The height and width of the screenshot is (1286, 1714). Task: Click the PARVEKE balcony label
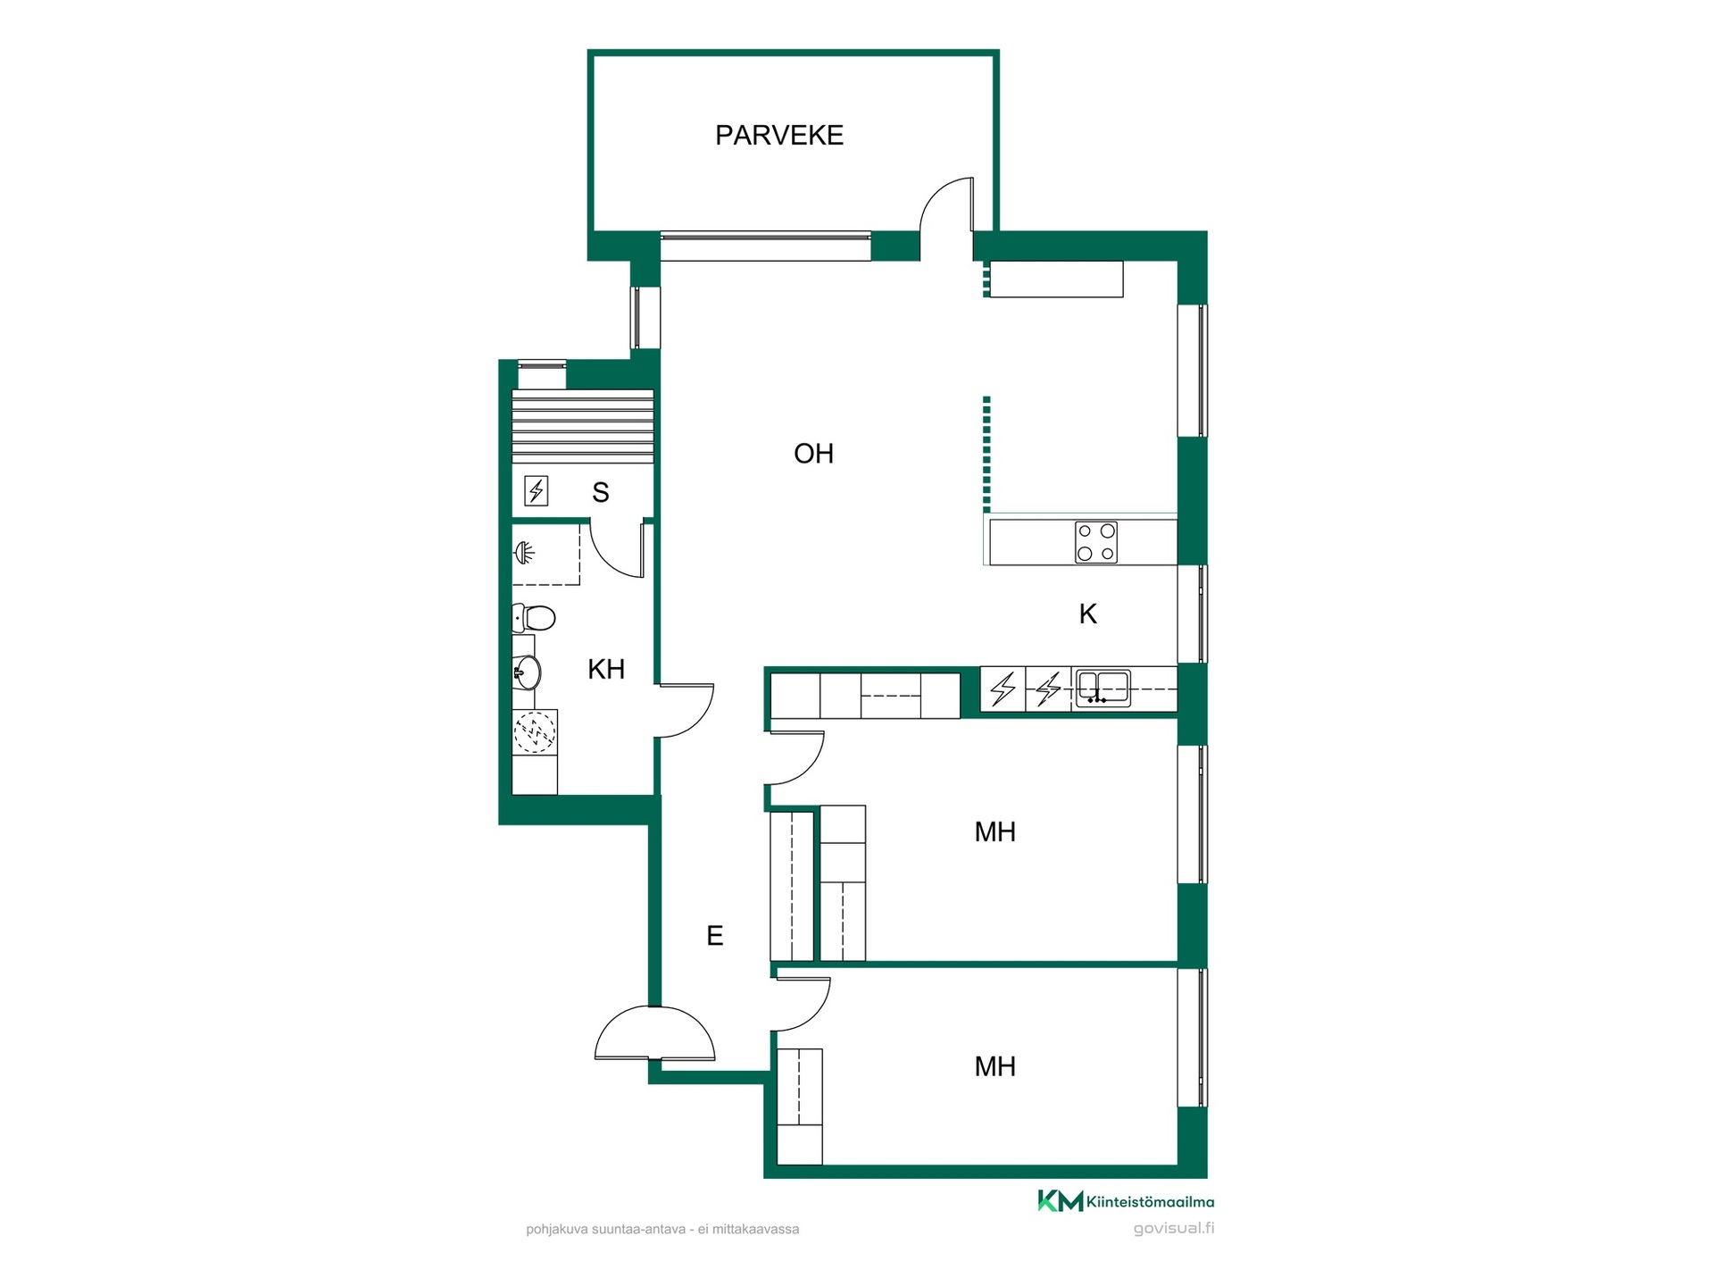tap(778, 135)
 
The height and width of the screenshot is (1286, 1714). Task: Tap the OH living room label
tap(813, 454)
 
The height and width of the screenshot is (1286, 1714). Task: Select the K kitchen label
tap(1087, 614)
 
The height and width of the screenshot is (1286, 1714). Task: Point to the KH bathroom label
tap(606, 669)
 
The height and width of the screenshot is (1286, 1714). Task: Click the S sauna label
tap(601, 492)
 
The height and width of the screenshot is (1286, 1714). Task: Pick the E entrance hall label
tap(714, 935)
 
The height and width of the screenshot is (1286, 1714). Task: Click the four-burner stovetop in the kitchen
tap(1096, 542)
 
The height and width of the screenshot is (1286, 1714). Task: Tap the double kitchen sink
tap(1103, 689)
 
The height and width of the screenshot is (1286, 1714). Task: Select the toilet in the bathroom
tap(534, 617)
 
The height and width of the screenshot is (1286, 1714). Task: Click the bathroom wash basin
tap(527, 672)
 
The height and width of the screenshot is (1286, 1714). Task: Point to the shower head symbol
tap(525, 554)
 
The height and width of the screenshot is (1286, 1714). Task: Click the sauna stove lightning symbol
tap(536, 490)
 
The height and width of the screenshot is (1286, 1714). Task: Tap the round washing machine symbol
tap(535, 732)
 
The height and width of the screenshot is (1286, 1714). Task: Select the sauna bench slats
tap(583, 426)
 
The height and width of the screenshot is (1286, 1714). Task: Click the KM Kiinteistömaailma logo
tap(1126, 1201)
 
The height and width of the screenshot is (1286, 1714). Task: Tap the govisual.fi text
tap(1174, 1228)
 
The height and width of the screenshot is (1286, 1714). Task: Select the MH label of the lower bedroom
tap(994, 1066)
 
